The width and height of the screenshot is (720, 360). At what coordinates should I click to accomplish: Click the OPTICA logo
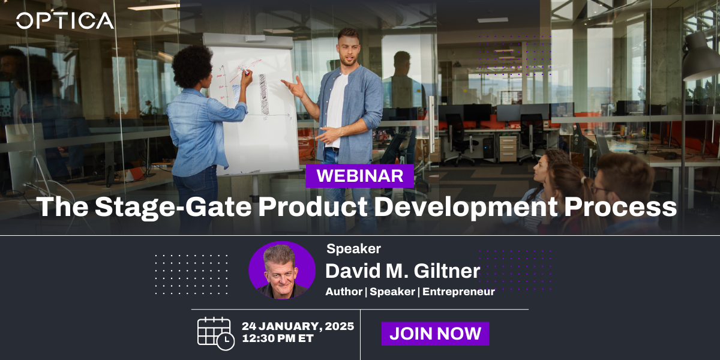point(65,21)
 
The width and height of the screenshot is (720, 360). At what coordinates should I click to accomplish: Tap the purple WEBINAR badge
point(359,176)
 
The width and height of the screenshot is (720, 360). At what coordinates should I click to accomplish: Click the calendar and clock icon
point(215,334)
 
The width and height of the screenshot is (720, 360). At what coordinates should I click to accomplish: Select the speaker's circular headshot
point(282,271)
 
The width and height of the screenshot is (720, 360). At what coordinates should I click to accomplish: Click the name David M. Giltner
point(403,271)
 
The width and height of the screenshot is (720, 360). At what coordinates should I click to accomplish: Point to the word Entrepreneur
point(458,292)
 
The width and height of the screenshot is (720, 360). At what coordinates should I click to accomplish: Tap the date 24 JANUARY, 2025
point(298,326)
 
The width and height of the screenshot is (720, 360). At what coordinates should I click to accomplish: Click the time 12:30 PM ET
point(278,338)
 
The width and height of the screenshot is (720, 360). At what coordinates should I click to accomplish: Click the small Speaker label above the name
point(353,249)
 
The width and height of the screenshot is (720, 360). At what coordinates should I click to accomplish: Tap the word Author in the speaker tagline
point(344,292)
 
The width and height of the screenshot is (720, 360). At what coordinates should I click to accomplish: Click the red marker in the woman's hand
point(246,71)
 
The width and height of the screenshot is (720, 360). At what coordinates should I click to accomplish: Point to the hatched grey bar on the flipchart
point(264,95)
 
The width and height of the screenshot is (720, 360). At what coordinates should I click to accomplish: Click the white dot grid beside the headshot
point(191,275)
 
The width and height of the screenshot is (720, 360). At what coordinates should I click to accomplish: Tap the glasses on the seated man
point(600,189)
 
